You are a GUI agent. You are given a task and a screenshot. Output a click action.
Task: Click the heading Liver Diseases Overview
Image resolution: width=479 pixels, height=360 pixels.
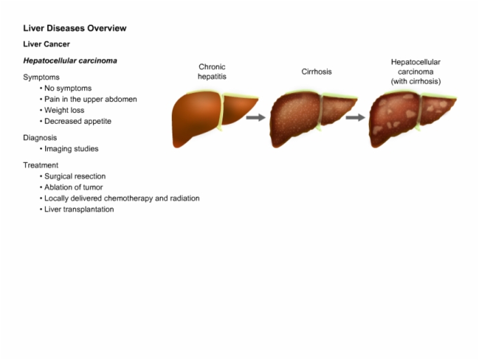(x=75, y=28)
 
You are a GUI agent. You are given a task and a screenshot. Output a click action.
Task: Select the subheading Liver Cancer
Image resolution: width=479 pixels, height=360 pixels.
(x=47, y=44)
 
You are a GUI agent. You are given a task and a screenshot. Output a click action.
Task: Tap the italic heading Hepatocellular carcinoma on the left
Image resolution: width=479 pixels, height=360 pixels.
(x=70, y=60)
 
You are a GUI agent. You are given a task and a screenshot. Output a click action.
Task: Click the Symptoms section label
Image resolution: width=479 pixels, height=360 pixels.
(x=41, y=77)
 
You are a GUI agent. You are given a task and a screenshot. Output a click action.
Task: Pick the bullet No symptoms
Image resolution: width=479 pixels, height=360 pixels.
(x=68, y=88)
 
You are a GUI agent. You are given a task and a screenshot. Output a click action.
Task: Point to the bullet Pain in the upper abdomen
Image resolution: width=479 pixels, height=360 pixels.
(x=90, y=99)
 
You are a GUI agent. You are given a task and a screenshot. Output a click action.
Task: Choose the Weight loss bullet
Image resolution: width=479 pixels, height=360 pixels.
(x=64, y=110)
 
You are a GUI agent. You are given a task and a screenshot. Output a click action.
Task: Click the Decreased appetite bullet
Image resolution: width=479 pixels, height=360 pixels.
(x=77, y=121)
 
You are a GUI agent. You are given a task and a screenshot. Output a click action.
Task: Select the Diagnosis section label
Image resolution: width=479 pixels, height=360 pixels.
(x=40, y=138)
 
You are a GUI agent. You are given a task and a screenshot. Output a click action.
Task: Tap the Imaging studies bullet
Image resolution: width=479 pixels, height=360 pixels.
(x=71, y=149)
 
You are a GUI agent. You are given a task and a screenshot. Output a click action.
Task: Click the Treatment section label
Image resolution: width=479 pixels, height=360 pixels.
(x=40, y=166)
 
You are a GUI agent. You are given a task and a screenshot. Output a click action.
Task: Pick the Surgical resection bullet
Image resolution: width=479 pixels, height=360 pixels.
(x=75, y=177)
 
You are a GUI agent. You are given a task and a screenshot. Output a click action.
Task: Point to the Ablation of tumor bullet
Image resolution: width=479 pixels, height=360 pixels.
(x=73, y=188)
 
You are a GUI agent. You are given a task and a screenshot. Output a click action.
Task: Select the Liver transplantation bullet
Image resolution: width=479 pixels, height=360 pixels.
(x=79, y=209)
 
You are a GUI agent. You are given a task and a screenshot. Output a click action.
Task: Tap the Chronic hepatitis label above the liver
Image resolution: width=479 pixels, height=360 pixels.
(x=212, y=72)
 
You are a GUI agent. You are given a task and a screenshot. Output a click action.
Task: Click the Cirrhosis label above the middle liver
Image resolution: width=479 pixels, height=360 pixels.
(x=316, y=72)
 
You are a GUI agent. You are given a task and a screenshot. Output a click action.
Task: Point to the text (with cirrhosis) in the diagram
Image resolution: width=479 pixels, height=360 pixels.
(x=416, y=81)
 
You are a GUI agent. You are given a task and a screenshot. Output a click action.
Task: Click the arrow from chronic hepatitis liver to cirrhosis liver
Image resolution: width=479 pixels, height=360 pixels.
(x=256, y=117)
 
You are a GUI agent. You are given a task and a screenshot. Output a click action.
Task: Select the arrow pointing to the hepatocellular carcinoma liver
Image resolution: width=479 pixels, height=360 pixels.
(x=355, y=117)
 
